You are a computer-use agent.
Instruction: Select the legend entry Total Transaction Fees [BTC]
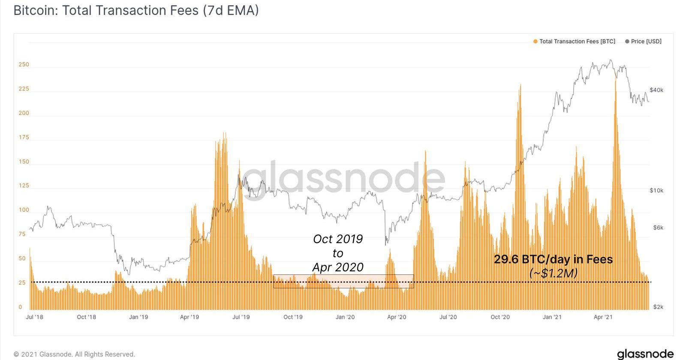574,42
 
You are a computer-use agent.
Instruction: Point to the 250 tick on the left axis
24,65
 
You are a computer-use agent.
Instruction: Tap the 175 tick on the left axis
24,138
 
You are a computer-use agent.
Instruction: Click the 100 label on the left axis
24,210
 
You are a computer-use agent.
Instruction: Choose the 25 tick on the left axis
22,283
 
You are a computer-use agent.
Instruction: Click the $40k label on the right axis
656,90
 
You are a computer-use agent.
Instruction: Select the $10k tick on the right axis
656,190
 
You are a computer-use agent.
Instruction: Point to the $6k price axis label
658,228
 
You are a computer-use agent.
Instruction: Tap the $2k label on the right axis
658,307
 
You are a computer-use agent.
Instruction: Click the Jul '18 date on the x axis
34,317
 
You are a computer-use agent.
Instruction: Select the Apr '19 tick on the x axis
190,317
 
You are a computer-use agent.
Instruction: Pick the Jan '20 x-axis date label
345,317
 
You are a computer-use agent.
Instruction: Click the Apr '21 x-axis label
603,317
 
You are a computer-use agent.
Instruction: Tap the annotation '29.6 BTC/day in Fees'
553,259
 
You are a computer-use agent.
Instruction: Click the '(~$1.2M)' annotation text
553,273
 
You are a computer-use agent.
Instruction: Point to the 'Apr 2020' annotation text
338,267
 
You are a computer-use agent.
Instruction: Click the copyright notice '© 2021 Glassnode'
74,354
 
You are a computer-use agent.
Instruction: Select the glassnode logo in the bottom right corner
645,354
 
